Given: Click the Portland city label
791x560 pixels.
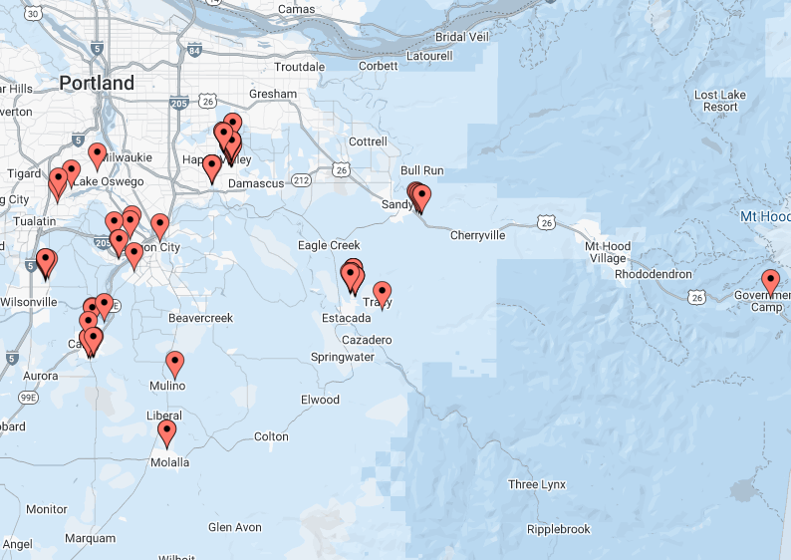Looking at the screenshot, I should click(96, 83).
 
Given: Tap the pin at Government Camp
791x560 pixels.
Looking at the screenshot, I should click(770, 281).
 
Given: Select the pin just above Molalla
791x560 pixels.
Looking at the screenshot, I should click(167, 432).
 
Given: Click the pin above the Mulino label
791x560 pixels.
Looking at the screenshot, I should click(175, 364).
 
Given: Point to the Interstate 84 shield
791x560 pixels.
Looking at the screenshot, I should click(192, 49).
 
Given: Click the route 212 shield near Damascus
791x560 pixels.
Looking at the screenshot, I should click(301, 181).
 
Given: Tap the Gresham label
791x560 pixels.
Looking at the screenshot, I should click(273, 95).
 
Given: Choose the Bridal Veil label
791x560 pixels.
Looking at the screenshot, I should click(462, 38).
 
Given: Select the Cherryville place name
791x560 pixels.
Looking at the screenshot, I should click(477, 235).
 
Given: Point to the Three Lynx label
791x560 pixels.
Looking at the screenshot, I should click(537, 485).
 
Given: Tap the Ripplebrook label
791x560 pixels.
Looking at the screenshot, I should click(558, 529).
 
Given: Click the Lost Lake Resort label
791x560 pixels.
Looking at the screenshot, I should click(720, 101).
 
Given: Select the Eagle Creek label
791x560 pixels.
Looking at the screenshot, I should click(329, 245).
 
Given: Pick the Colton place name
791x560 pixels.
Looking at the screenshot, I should click(271, 436).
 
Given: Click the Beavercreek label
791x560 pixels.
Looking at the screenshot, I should click(199, 318).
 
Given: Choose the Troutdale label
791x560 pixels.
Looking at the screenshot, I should click(299, 67).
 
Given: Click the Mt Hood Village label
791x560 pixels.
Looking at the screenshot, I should click(606, 252).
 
